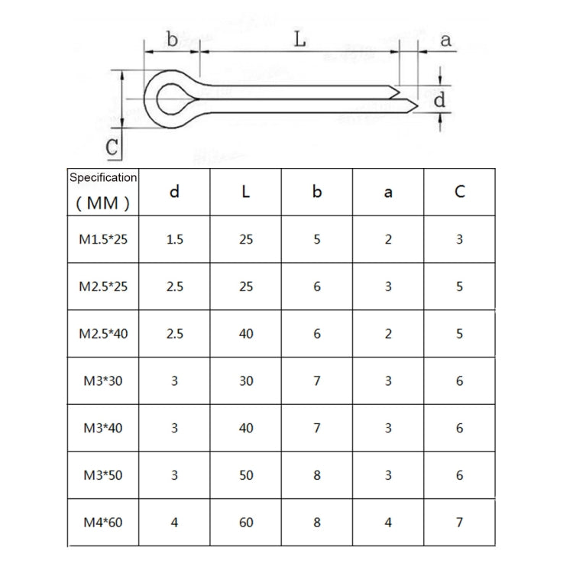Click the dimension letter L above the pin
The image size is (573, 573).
tap(300, 39)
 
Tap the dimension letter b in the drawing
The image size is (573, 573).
tap(173, 40)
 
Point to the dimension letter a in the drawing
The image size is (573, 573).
tap(445, 40)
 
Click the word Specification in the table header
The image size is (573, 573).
tap(103, 177)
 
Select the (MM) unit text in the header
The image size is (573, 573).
tap(103, 203)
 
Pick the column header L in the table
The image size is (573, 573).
tap(245, 192)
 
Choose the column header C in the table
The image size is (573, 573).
tap(459, 192)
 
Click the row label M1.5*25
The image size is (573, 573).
tap(103, 240)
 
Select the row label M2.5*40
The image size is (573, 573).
tap(103, 334)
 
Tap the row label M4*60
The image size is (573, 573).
tap(103, 523)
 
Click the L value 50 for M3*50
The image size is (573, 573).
tap(245, 475)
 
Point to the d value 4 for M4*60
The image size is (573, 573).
tap(174, 523)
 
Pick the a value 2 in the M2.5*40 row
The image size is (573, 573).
tap(388, 334)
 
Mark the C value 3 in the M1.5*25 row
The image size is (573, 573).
tap(459, 240)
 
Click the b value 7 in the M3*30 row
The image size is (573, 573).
tap(317, 381)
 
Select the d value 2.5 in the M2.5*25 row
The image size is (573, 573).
tap(174, 287)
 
